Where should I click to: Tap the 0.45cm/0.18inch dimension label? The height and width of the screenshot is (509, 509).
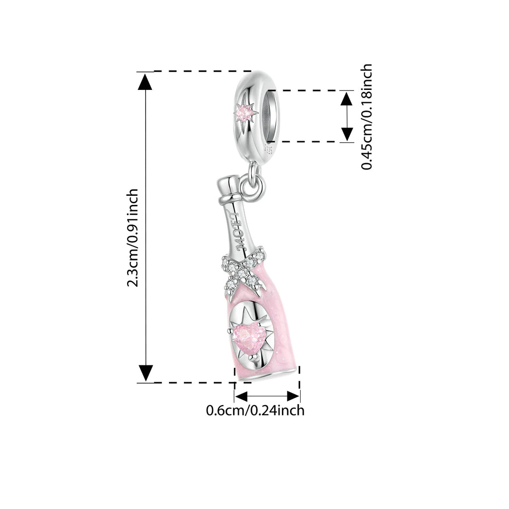[367, 117]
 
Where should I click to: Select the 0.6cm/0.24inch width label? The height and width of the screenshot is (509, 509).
[255, 411]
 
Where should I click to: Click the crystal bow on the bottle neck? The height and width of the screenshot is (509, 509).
[242, 271]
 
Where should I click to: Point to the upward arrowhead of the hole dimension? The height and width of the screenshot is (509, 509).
[347, 98]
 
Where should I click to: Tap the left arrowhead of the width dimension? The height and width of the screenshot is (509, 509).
[242, 396]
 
